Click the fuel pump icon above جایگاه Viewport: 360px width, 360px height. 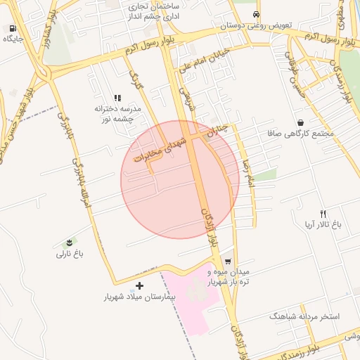[13, 28]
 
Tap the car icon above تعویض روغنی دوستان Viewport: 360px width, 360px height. [256, 14]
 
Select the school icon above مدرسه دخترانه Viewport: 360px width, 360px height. [117, 98]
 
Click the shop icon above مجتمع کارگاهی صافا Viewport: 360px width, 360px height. [301, 122]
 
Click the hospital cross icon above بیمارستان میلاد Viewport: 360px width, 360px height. [139, 285]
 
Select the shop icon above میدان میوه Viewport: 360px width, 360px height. [227, 260]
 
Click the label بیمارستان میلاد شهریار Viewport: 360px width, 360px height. [139, 297]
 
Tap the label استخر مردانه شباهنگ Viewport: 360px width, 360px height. [304, 316]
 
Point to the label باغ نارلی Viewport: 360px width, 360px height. [70, 253]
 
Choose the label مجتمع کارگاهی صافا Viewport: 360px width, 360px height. [294, 133]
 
